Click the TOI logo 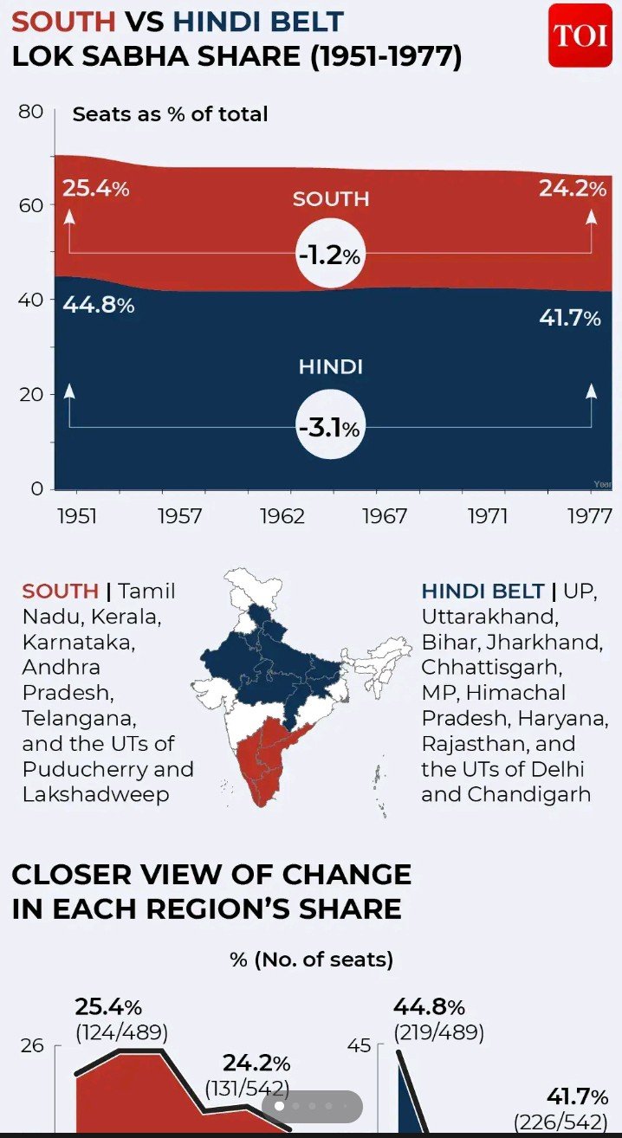pos(580,35)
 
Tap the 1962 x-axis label pos(282,516)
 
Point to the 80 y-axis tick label pos(30,112)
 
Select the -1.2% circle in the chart pos(329,256)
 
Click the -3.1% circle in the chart pos(329,427)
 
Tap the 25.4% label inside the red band pos(95,188)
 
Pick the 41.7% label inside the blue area pos(569,318)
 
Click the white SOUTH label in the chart pos(331,199)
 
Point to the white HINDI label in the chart pos(330,366)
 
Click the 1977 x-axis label pos(590,516)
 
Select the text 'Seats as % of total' pos(170,114)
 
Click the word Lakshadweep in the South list pos(96,794)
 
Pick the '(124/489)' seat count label pos(121,1032)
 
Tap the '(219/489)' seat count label pos(438,1032)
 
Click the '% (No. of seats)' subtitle pos(311,960)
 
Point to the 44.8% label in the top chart pos(98,305)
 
